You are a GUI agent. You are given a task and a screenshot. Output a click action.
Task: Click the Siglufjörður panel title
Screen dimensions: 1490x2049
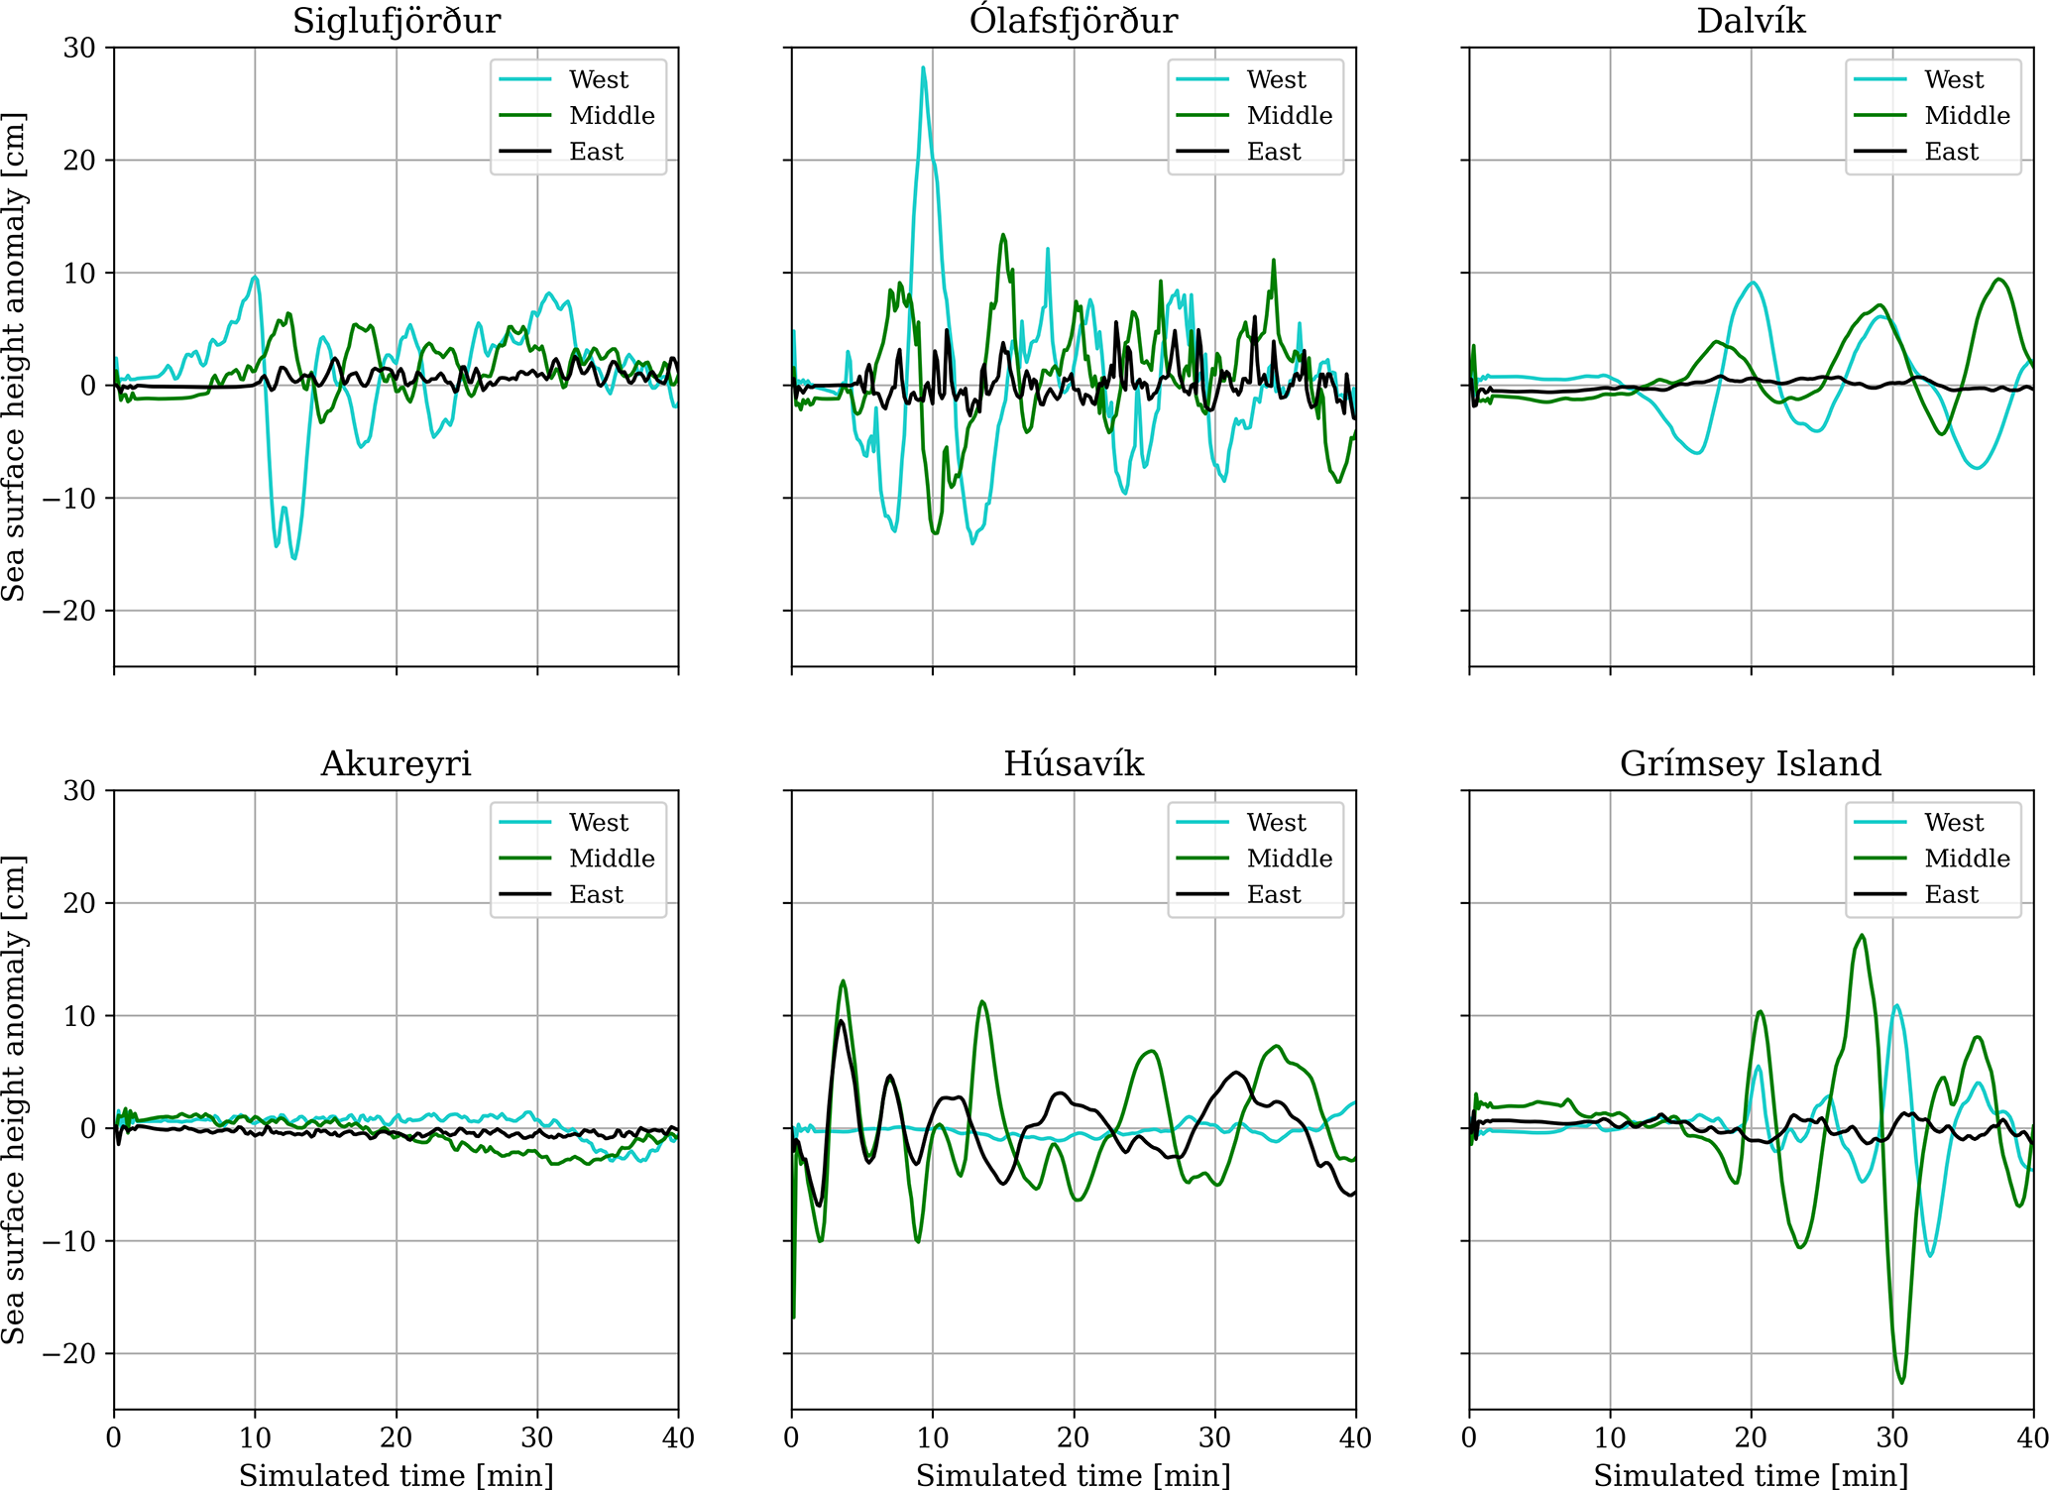click(396, 21)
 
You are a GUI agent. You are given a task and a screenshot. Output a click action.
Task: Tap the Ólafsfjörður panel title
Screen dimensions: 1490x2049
click(1074, 21)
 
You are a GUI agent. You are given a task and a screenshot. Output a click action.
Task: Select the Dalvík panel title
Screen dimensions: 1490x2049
click(1751, 21)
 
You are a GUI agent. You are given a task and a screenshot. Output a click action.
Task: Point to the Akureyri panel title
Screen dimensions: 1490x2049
click(396, 763)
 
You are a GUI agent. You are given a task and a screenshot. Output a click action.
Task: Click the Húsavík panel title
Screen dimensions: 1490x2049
click(1074, 763)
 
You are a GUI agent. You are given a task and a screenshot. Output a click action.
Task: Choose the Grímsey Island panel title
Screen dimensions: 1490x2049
click(1751, 763)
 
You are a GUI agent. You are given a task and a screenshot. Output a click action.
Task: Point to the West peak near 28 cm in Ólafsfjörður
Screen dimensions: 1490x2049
click(923, 67)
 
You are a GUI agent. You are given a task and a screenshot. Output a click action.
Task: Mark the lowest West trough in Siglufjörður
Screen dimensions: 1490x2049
click(294, 558)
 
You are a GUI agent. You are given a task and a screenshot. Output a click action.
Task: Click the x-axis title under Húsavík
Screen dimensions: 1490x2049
click(1074, 1475)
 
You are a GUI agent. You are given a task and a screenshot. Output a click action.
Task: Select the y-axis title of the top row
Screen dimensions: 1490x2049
click(14, 357)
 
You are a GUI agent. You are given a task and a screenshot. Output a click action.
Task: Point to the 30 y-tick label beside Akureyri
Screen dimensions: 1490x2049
click(79, 791)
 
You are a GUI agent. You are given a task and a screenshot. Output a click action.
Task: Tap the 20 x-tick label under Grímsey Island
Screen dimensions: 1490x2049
click(1751, 1437)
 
